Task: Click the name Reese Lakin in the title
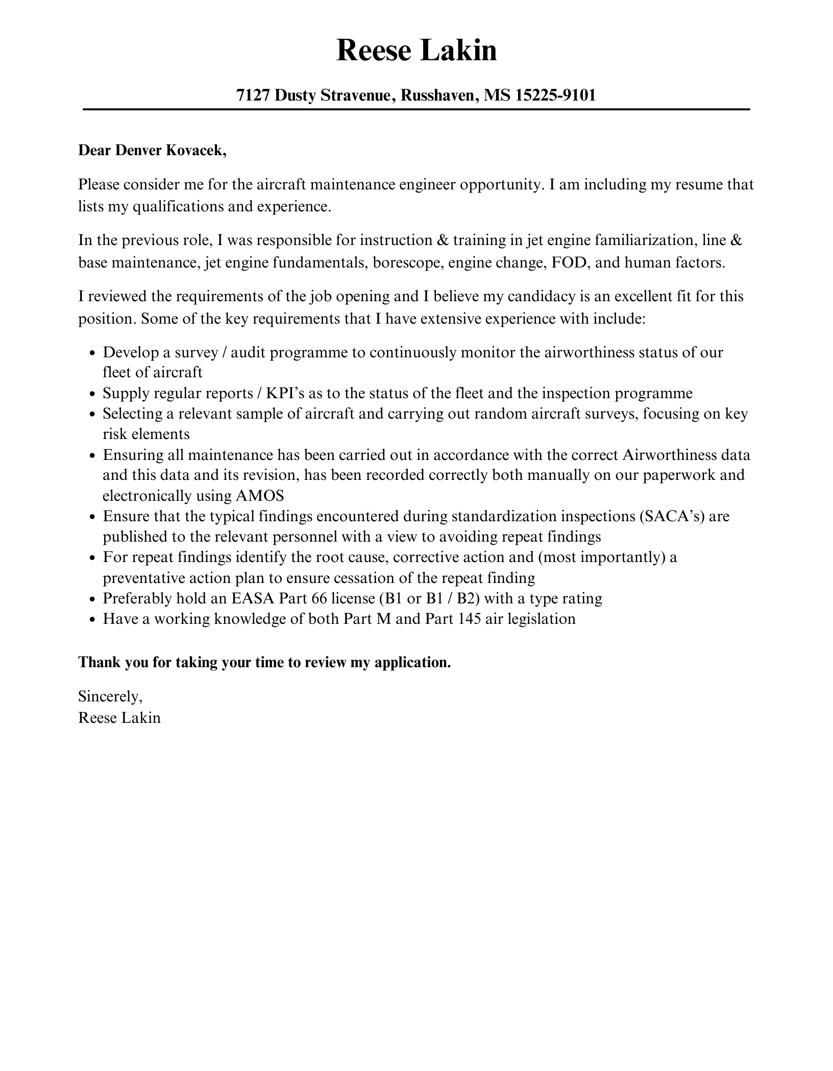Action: tap(416, 51)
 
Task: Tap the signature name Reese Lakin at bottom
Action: tap(119, 718)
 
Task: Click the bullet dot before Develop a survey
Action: tap(92, 353)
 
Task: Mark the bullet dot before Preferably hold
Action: tap(92, 599)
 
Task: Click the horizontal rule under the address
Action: tap(416, 109)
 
